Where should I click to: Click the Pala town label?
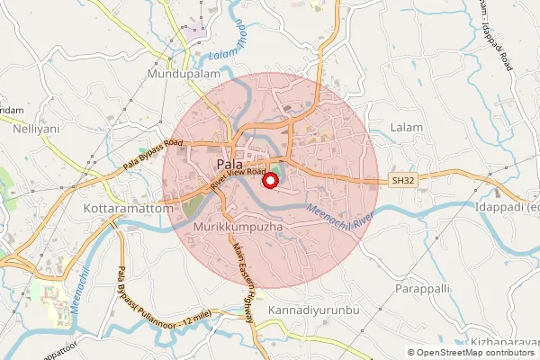[229, 165]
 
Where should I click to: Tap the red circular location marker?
[269, 180]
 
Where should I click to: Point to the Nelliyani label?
[36, 129]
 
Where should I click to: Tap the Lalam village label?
[407, 128]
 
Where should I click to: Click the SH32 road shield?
[403, 181]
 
